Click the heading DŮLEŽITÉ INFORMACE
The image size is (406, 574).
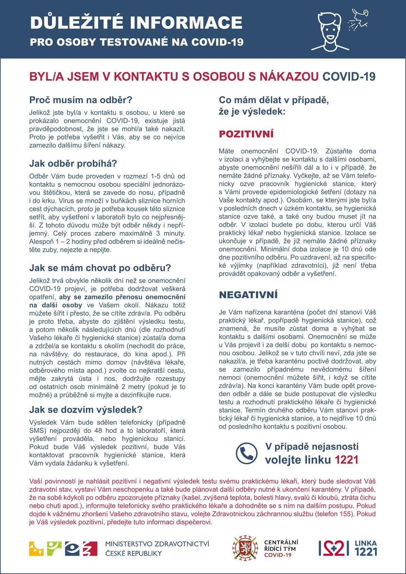pos(136,22)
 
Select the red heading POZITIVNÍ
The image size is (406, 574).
pos(246,134)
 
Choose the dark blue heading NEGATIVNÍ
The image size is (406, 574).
pos(248,295)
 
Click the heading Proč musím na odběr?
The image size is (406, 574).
pos(81,100)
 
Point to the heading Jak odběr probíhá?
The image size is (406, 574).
pos(73,164)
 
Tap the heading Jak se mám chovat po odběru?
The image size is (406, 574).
pos(100,268)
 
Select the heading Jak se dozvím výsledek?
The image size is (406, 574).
pos(86,409)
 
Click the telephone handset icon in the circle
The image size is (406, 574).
pos(247,453)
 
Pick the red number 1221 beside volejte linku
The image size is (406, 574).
pos(346,460)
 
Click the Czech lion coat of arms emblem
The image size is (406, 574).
pos(244,548)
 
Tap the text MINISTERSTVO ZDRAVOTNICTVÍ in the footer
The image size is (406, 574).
pos(157,544)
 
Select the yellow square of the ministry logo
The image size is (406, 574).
pos(36,548)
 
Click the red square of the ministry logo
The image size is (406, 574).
pos(90,548)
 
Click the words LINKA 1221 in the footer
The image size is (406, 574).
pos(366,548)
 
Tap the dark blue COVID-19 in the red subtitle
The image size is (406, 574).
pos(349,77)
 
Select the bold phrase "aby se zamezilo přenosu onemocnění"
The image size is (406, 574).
pos(122,297)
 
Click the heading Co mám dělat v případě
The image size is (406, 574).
pos(274,100)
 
